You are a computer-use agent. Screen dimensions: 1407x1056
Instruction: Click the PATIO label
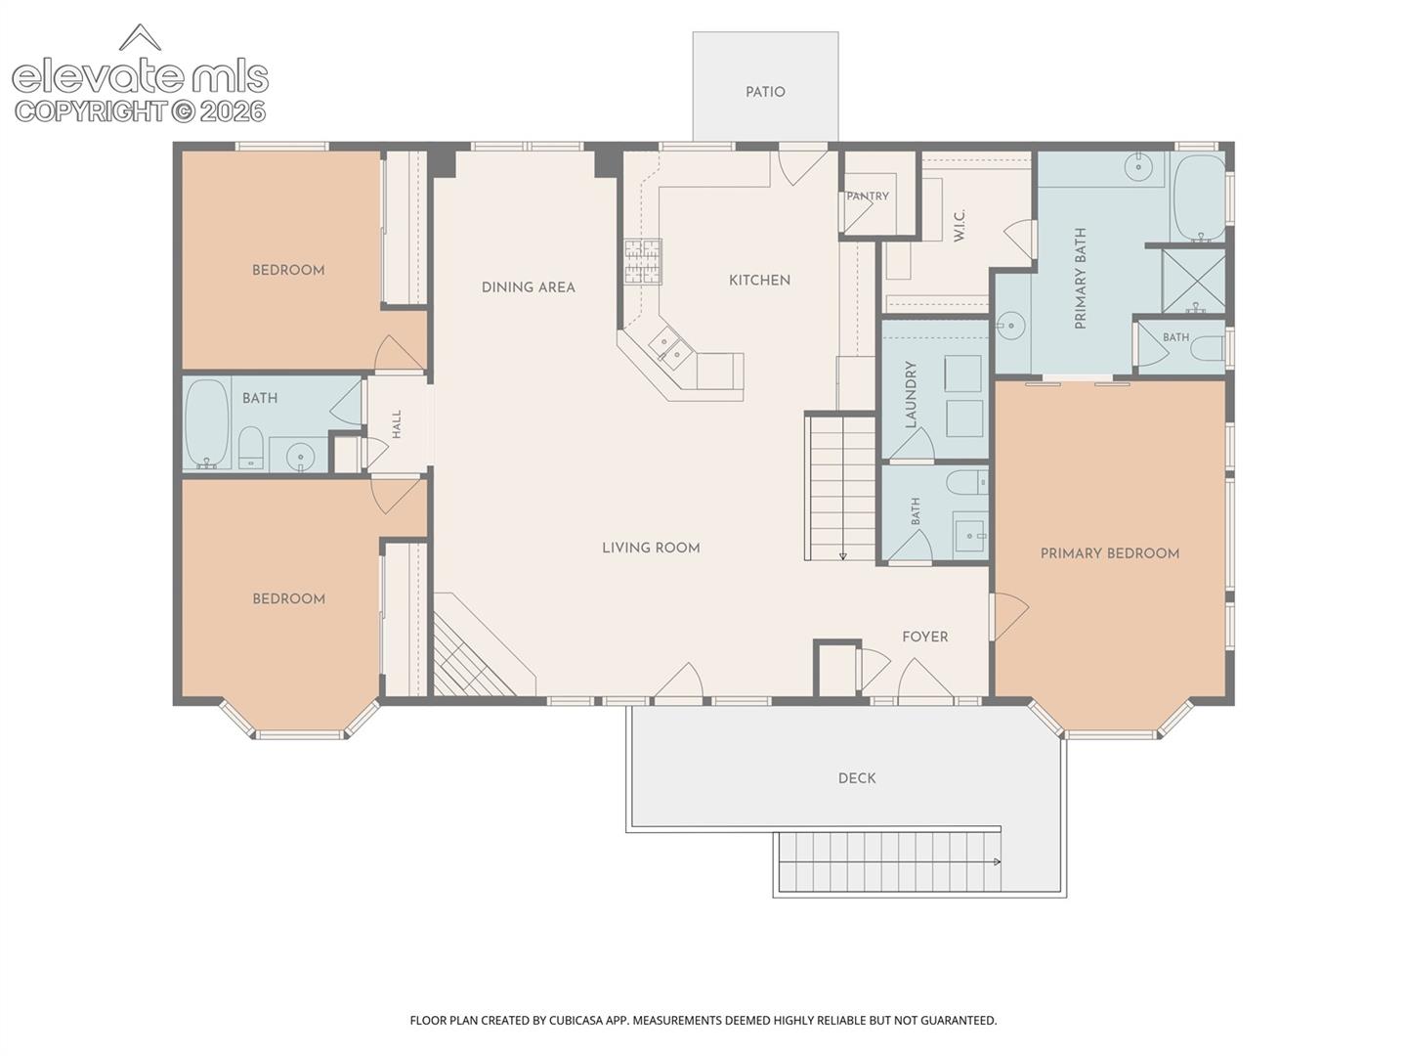tap(765, 92)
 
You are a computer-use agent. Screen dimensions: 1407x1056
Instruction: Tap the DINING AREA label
tap(529, 287)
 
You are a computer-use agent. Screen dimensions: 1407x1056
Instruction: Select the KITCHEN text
tap(759, 281)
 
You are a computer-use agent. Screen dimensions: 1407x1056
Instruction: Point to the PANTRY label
tap(868, 197)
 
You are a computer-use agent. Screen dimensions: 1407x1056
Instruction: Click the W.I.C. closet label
tap(959, 226)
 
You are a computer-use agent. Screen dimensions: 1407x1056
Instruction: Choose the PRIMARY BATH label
tap(1080, 279)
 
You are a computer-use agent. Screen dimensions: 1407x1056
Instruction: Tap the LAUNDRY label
tap(911, 394)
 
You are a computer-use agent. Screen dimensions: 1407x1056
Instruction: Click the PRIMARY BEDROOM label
tap(1110, 553)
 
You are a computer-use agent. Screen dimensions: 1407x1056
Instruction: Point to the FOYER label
tap(925, 637)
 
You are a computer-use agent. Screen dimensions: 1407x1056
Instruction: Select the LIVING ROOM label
tap(652, 548)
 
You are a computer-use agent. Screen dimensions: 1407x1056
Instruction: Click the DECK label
tap(857, 778)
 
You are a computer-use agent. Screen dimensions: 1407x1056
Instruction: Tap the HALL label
tap(397, 423)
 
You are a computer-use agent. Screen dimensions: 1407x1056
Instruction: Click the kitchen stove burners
tap(643, 262)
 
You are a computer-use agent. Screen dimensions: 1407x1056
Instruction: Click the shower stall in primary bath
tap(1194, 281)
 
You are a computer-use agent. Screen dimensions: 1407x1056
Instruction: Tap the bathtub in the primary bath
tap(1198, 198)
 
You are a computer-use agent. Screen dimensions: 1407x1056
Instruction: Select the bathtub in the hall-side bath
tap(207, 423)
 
